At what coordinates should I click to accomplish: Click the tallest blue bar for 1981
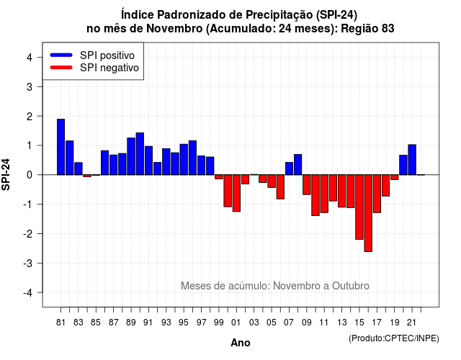click(61, 147)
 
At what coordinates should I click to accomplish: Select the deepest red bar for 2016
click(368, 213)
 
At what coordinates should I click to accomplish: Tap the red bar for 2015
click(359, 207)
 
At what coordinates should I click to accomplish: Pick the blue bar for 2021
click(412, 160)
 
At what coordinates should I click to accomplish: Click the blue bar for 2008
click(297, 165)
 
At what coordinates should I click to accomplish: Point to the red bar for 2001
click(236, 193)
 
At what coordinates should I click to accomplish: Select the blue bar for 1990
click(140, 153)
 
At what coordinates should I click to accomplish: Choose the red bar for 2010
click(315, 195)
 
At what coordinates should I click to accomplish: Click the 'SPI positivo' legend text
click(107, 55)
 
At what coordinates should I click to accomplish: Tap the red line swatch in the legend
click(61, 68)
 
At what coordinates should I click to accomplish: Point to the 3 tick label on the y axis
click(30, 86)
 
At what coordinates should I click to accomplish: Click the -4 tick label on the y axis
click(28, 293)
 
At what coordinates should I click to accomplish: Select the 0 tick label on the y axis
click(30, 175)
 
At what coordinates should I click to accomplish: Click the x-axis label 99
click(219, 323)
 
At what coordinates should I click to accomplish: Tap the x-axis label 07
click(289, 323)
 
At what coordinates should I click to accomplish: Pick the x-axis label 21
click(411, 323)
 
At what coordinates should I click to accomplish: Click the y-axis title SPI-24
click(6, 174)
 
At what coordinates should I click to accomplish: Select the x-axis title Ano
click(241, 343)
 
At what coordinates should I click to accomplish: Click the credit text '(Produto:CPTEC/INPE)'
click(394, 338)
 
